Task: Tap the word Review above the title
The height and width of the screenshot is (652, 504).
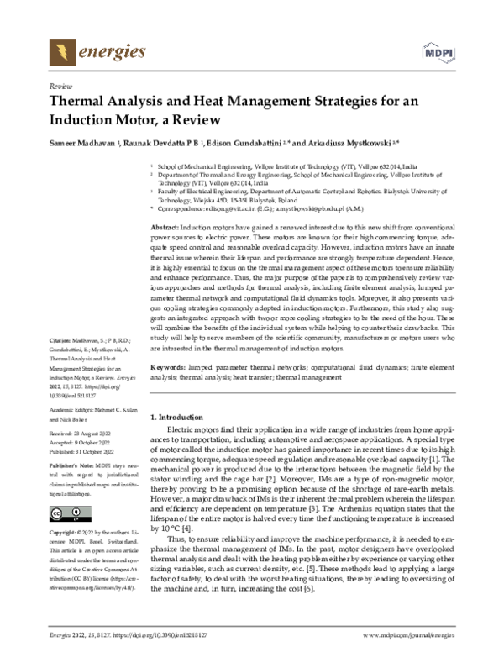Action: pyautogui.click(x=60, y=87)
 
